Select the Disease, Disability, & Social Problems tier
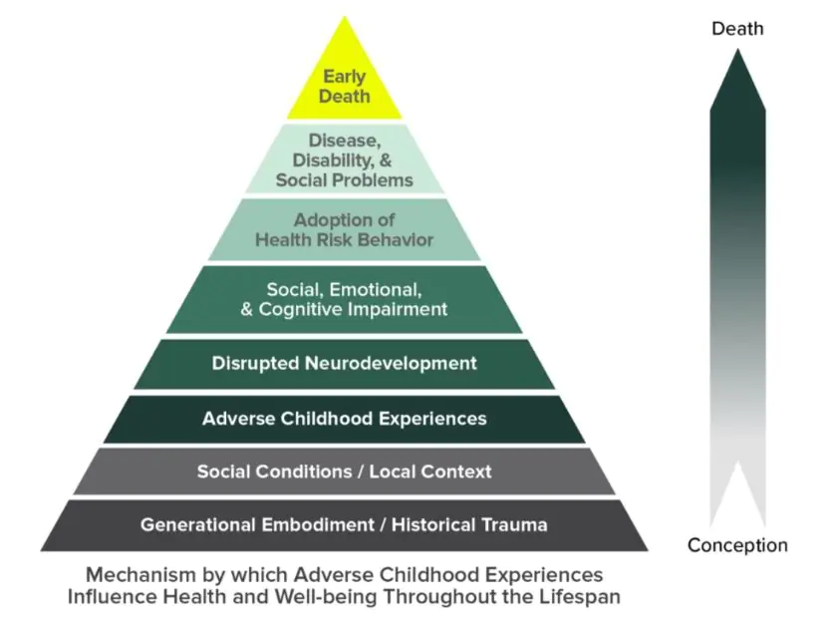tap(344, 159)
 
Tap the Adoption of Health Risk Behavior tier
tap(344, 229)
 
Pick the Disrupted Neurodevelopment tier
tap(344, 364)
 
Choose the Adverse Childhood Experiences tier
tap(344, 419)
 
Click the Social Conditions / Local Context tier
tap(344, 471)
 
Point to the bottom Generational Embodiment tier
tap(344, 524)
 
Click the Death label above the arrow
tap(737, 29)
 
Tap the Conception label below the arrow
tap(737, 545)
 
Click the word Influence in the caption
tap(111, 597)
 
